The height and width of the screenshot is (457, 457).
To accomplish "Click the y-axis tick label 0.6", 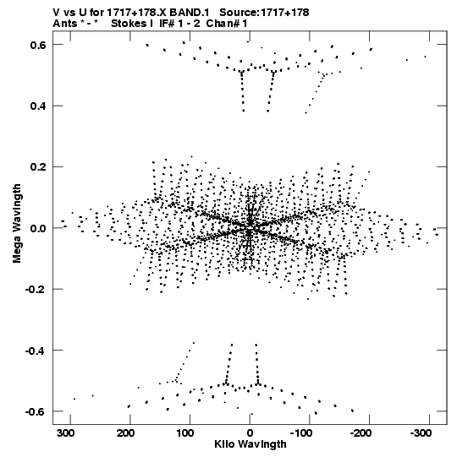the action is tap(38, 45).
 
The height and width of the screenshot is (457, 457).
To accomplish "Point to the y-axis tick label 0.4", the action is tap(38, 106).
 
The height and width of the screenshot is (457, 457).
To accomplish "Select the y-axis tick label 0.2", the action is tap(38, 167).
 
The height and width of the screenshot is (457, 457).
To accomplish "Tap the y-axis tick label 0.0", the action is tap(38, 228).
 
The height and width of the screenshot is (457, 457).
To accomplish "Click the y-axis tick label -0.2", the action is tap(36, 290).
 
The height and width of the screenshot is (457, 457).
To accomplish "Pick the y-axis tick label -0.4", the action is tap(36, 351).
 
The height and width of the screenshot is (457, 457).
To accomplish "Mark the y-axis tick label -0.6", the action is tap(36, 411).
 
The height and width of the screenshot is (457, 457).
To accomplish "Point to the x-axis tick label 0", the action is tap(250, 433).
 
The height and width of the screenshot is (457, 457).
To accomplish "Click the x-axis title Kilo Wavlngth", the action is tap(251, 444).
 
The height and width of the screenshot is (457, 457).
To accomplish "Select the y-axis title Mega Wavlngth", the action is tap(17, 224).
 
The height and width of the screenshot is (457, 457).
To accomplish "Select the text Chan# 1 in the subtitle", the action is tap(227, 24).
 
